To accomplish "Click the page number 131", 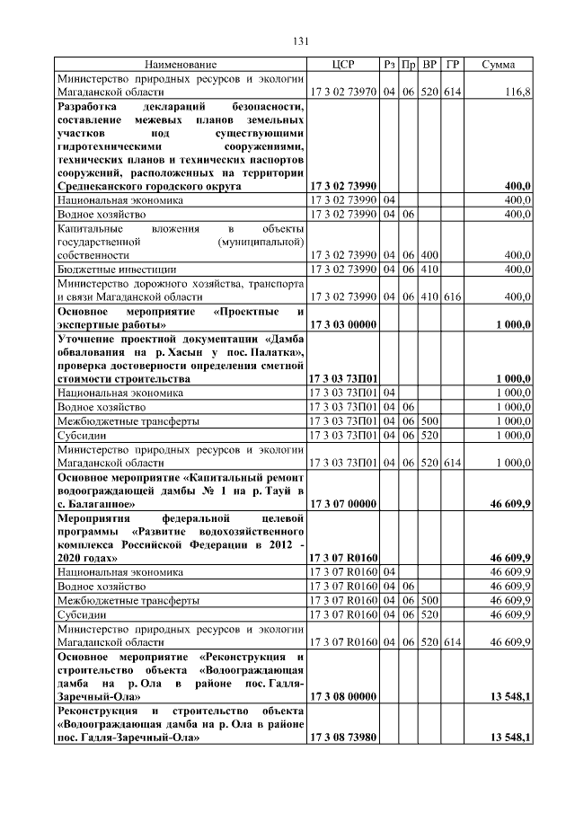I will tap(301, 41).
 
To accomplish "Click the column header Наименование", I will tap(180, 65).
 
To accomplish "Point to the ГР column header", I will tap(453, 65).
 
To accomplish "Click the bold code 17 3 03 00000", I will tap(343, 323).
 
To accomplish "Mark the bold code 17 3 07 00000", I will tap(343, 503).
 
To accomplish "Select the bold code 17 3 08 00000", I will tap(343, 695).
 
